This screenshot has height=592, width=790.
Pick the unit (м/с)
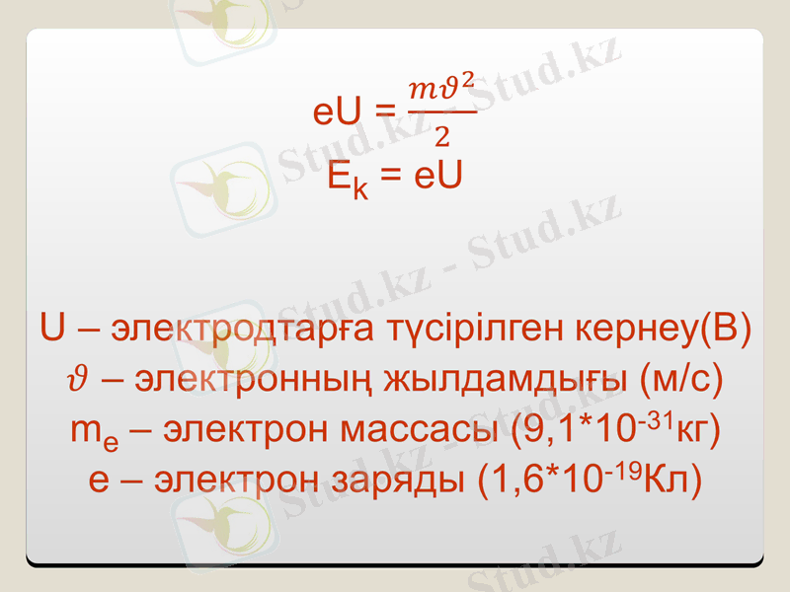point(682,380)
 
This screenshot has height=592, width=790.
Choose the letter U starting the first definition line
point(53,329)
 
